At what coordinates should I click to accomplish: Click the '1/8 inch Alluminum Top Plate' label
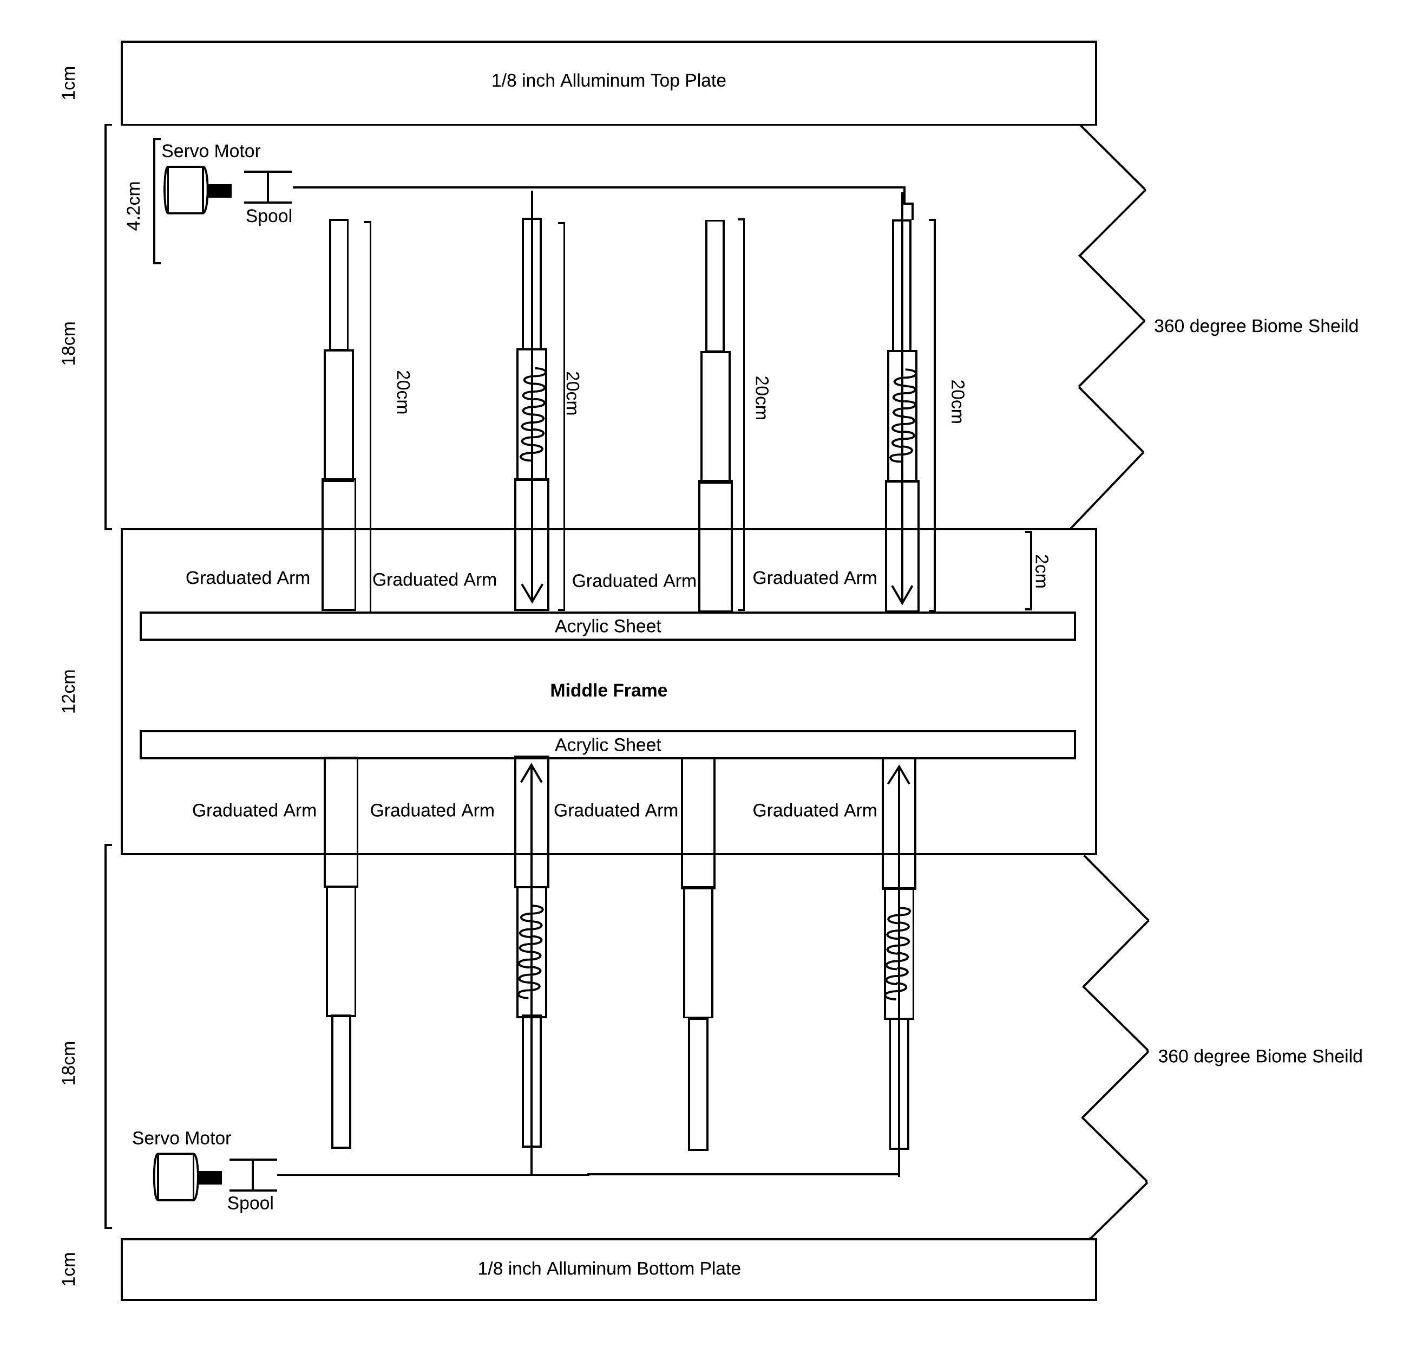pos(608,81)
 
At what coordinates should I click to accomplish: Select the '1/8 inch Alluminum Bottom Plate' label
pos(608,1268)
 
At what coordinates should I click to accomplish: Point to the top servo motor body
pos(185,191)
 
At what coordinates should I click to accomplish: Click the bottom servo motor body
pos(175,1177)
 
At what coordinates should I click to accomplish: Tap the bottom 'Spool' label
pos(250,1203)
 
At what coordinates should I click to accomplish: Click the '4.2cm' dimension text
pos(133,206)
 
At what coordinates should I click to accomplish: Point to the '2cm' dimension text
pos(1040,571)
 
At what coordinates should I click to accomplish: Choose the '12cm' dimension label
pos(69,691)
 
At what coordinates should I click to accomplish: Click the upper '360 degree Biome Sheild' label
pos(1255,326)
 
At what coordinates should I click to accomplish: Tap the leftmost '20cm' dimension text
pos(402,392)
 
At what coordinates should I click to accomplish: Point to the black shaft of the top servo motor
pos(220,191)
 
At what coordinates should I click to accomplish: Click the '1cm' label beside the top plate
pos(69,83)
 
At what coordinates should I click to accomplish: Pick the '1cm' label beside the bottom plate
pos(69,1269)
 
